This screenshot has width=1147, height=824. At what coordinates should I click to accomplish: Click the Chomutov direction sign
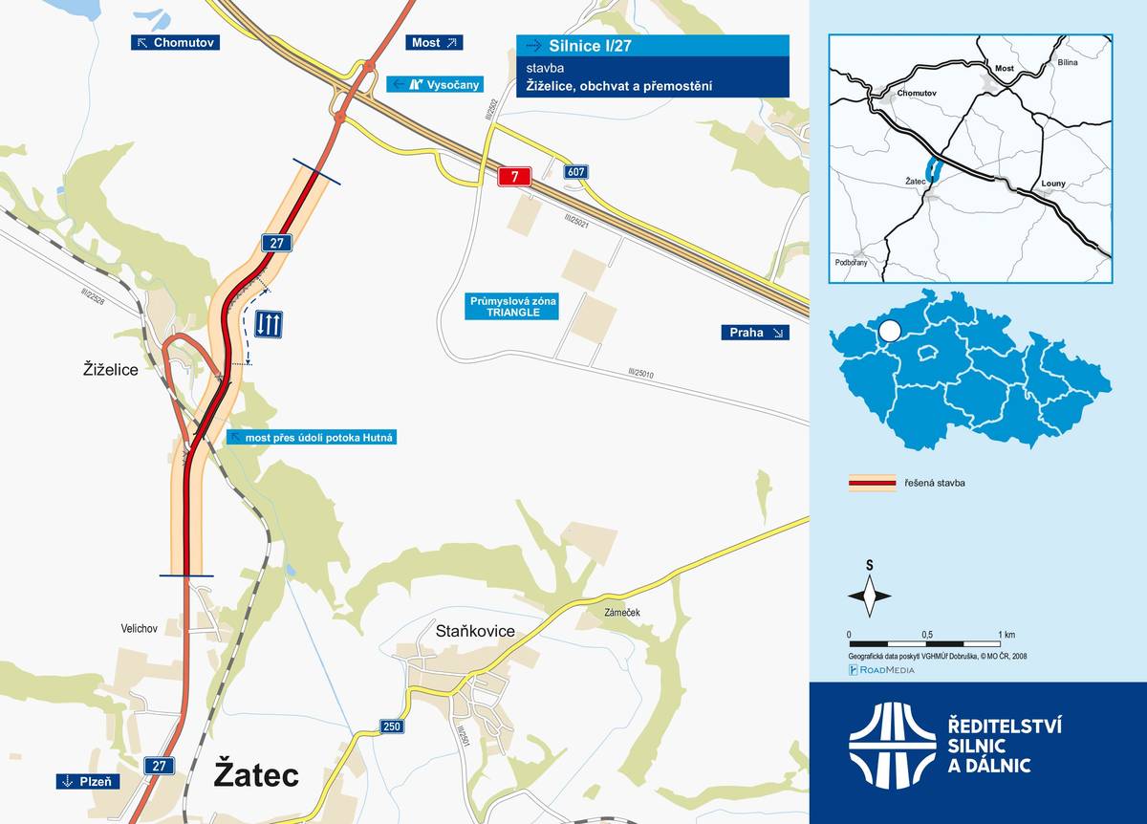(176, 42)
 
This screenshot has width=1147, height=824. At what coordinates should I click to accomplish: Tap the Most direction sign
(435, 42)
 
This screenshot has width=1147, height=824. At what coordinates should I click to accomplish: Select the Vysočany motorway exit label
(427, 84)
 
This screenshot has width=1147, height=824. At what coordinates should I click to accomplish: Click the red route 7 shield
(514, 176)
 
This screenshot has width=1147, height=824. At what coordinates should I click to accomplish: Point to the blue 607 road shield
(575, 172)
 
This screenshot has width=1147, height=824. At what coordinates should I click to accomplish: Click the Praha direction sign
(755, 333)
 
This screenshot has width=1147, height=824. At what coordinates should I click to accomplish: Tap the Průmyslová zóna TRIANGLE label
(511, 307)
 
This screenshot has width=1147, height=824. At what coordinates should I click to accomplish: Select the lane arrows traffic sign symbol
(268, 324)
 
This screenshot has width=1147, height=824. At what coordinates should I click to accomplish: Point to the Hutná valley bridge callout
(312, 437)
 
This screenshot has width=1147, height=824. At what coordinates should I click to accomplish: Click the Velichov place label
(139, 628)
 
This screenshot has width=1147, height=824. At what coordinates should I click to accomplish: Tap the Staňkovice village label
(475, 631)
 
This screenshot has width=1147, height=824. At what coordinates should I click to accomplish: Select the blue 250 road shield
(390, 726)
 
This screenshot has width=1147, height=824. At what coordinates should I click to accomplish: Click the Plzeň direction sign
(87, 781)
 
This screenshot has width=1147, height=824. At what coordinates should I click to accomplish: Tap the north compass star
(869, 596)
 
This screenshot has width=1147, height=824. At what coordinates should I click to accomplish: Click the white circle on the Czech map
(890, 332)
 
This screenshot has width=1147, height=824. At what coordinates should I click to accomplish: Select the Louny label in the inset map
(1052, 183)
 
